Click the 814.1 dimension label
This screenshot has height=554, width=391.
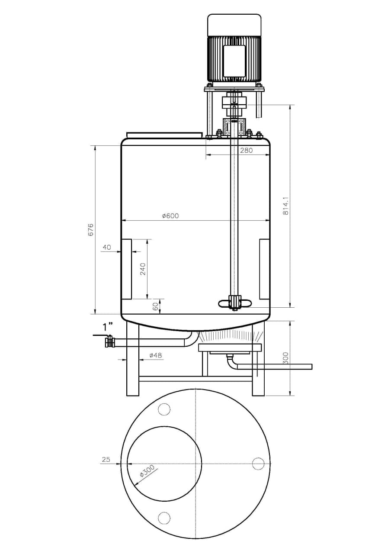tap(286, 206)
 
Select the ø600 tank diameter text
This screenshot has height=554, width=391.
tap(170, 216)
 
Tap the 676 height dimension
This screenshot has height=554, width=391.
tap(91, 229)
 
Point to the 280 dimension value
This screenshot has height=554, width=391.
tap(247, 150)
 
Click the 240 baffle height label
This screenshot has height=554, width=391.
tap(143, 269)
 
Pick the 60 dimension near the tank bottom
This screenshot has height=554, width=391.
tap(155, 307)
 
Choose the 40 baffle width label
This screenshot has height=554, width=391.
tap(107, 247)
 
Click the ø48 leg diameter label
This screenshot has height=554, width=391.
tap(156, 355)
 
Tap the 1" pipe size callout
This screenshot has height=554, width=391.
tap(108, 327)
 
